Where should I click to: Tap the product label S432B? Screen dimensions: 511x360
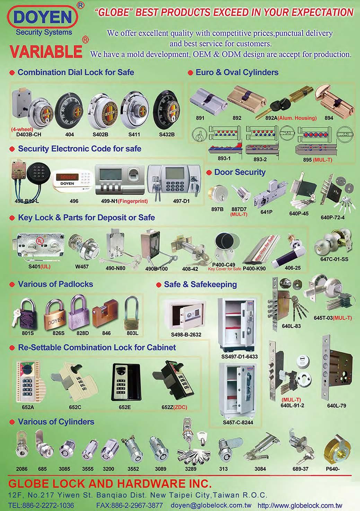167,134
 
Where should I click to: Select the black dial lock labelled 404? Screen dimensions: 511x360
70,110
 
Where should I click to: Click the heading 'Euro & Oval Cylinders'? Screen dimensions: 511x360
237,72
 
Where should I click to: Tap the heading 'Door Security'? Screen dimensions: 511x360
239,172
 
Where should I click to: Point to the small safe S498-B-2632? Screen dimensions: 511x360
186,316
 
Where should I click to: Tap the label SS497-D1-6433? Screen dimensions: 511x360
239,356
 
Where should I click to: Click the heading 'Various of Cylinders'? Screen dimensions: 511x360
56,422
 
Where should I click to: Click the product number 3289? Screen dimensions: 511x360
190,469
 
